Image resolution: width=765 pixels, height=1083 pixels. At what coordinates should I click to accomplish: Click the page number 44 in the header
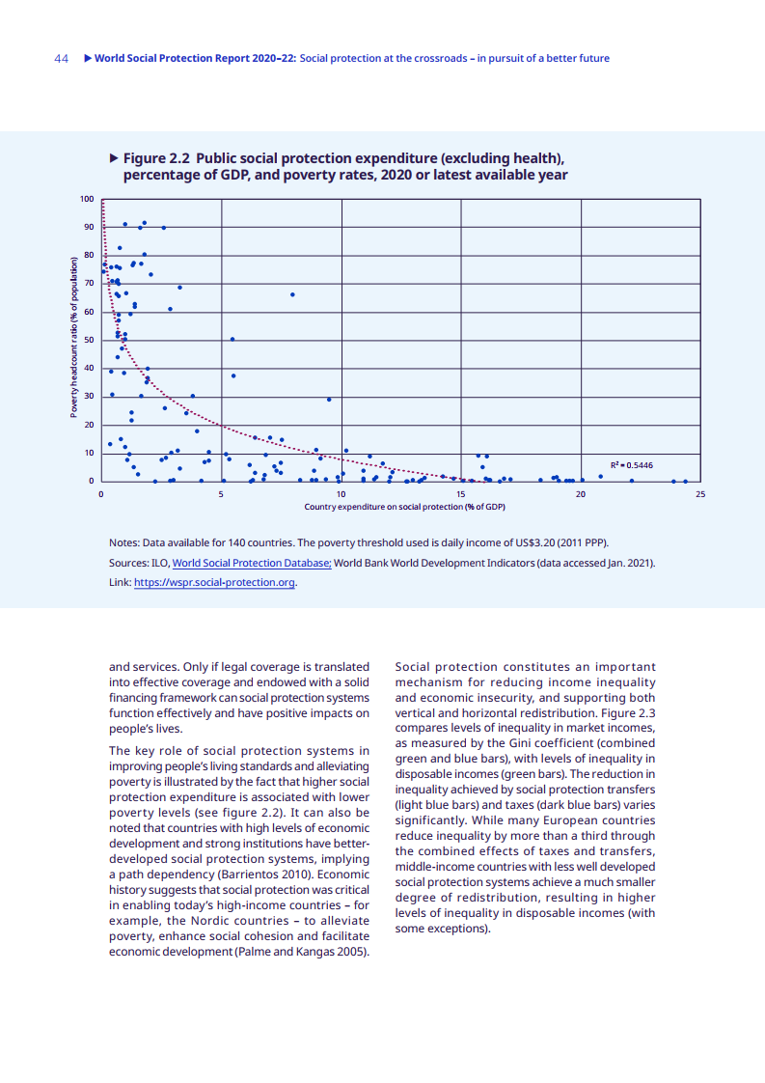[61, 59]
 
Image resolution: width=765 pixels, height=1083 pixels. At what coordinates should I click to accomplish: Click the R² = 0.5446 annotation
[632, 465]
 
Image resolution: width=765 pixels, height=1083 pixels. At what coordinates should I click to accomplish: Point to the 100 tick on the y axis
[88, 199]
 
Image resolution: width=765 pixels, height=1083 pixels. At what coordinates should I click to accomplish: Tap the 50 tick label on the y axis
[90, 340]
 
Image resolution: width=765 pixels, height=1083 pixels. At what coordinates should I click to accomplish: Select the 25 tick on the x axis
[700, 493]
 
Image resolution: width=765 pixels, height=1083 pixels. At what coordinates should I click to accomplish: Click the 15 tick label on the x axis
[461, 493]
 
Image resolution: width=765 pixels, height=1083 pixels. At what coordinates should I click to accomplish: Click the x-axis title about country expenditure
[404, 507]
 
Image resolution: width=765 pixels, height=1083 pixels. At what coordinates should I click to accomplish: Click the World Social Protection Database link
[252, 563]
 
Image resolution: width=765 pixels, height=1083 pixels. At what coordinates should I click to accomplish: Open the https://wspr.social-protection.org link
[214, 583]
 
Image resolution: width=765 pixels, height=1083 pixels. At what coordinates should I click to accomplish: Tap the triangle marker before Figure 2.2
[114, 158]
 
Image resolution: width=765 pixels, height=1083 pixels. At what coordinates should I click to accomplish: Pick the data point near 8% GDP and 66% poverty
[292, 294]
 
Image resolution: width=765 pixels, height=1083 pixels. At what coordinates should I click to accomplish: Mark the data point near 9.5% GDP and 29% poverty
[329, 399]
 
